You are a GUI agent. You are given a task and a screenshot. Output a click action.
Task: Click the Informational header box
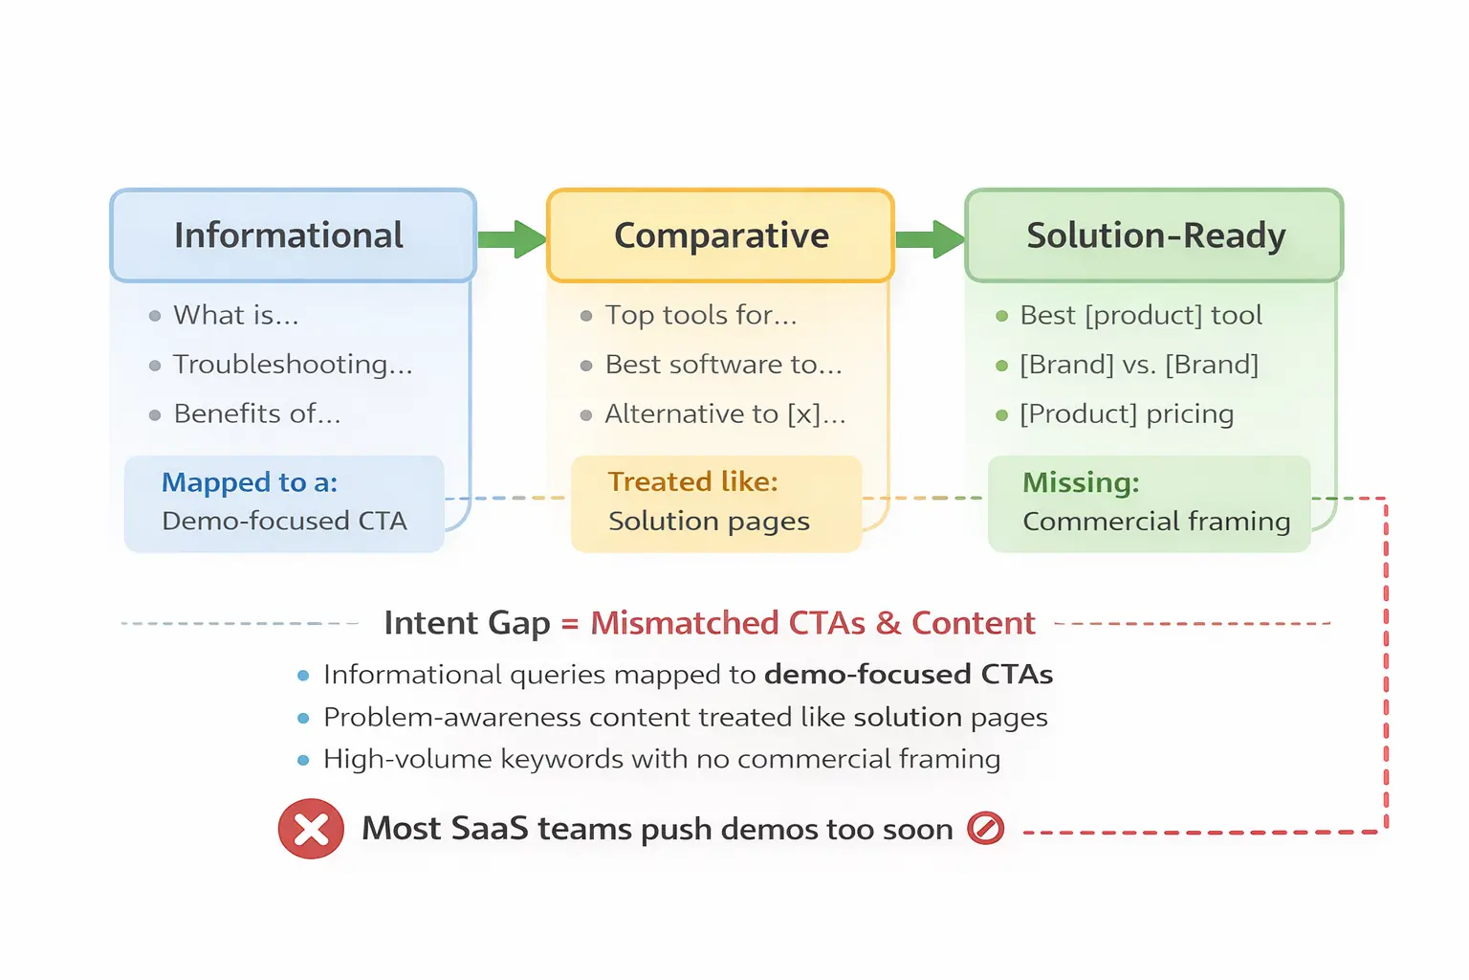(292, 235)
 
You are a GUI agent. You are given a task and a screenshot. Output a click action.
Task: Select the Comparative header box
(720, 235)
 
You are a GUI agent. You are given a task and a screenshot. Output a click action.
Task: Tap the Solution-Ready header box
(1154, 235)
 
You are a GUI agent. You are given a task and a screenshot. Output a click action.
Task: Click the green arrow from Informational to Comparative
(512, 239)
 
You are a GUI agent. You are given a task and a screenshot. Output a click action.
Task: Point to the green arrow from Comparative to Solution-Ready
(930, 239)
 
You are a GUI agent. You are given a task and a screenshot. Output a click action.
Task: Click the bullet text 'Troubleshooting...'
(293, 365)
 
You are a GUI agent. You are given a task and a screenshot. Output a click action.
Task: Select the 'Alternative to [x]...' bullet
(725, 414)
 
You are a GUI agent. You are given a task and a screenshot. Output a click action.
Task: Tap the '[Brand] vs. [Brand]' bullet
(1138, 365)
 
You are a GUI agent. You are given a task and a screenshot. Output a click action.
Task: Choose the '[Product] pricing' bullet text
(1126, 414)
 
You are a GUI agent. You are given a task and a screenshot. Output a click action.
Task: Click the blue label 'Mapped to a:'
(250, 482)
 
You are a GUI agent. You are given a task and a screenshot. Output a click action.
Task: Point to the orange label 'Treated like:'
(692, 481)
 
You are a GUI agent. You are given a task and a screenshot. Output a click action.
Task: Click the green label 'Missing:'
(1081, 482)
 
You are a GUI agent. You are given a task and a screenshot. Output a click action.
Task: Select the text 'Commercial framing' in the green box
(1156, 522)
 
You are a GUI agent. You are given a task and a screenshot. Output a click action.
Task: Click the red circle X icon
(311, 829)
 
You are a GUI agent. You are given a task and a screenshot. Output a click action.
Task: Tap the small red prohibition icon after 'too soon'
(985, 828)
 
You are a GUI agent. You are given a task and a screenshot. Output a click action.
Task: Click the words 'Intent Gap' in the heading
(467, 623)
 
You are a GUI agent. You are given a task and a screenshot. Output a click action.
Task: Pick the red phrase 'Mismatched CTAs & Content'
(812, 623)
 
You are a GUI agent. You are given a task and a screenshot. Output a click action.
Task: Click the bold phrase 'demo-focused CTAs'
(908, 675)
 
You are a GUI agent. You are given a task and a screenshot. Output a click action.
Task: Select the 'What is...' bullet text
(236, 315)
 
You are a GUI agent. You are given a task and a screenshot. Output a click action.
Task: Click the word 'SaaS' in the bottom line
(489, 829)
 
